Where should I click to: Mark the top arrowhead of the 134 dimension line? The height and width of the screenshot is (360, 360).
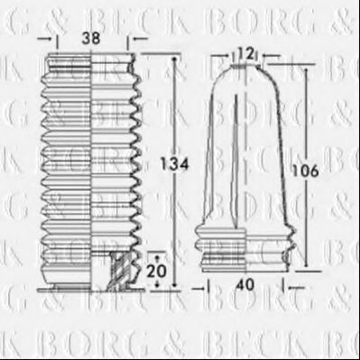(169, 56)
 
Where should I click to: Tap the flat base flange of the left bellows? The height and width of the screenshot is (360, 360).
(90, 291)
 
